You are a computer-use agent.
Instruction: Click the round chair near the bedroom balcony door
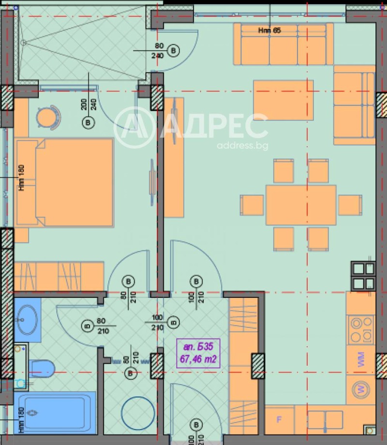click(49, 118)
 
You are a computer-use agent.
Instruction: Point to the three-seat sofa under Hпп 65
click(283, 44)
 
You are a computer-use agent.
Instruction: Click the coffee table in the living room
click(283, 100)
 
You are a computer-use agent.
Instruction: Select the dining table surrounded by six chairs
click(300, 205)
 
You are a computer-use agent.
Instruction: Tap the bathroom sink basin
click(28, 320)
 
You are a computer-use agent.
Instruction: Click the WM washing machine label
click(361, 360)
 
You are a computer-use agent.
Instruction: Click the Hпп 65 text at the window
click(269, 30)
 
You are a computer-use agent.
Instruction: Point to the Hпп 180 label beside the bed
click(22, 178)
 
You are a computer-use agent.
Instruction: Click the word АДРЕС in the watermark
click(215, 126)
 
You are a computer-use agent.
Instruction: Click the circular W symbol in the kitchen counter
click(360, 389)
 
